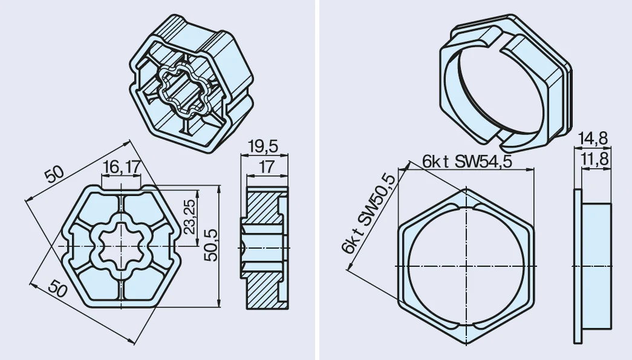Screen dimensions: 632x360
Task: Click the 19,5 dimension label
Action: [263, 146]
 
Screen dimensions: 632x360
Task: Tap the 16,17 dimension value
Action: [122, 167]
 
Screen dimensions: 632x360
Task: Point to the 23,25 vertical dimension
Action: [190, 217]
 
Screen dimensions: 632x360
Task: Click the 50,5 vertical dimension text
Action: [210, 245]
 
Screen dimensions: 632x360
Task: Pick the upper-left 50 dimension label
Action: [54, 175]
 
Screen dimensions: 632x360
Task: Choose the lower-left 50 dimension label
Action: [57, 288]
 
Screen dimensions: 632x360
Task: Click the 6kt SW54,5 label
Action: [467, 162]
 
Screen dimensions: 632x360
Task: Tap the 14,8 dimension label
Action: [593, 139]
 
